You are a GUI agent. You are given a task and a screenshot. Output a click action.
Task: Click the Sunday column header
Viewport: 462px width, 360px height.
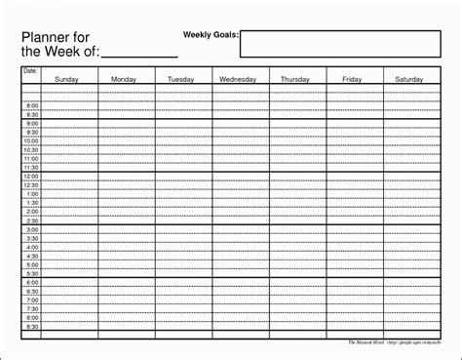67,79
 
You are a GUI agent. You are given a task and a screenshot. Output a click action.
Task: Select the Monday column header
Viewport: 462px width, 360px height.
124,79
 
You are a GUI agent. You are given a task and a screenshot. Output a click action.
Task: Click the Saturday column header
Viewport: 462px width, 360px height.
409,79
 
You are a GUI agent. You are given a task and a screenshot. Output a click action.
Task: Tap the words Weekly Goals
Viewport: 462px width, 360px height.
210,35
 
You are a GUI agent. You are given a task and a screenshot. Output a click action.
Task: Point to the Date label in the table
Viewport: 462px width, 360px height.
29,71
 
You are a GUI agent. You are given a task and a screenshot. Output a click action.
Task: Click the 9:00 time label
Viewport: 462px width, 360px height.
32,124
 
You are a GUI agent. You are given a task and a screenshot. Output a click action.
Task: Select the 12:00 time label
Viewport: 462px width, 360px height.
31,177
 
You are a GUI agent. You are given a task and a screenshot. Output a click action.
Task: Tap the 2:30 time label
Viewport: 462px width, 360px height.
32,220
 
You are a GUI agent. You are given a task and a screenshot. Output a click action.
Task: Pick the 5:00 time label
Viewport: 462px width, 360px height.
32,264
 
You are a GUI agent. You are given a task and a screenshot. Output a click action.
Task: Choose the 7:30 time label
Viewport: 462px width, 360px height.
32,308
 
